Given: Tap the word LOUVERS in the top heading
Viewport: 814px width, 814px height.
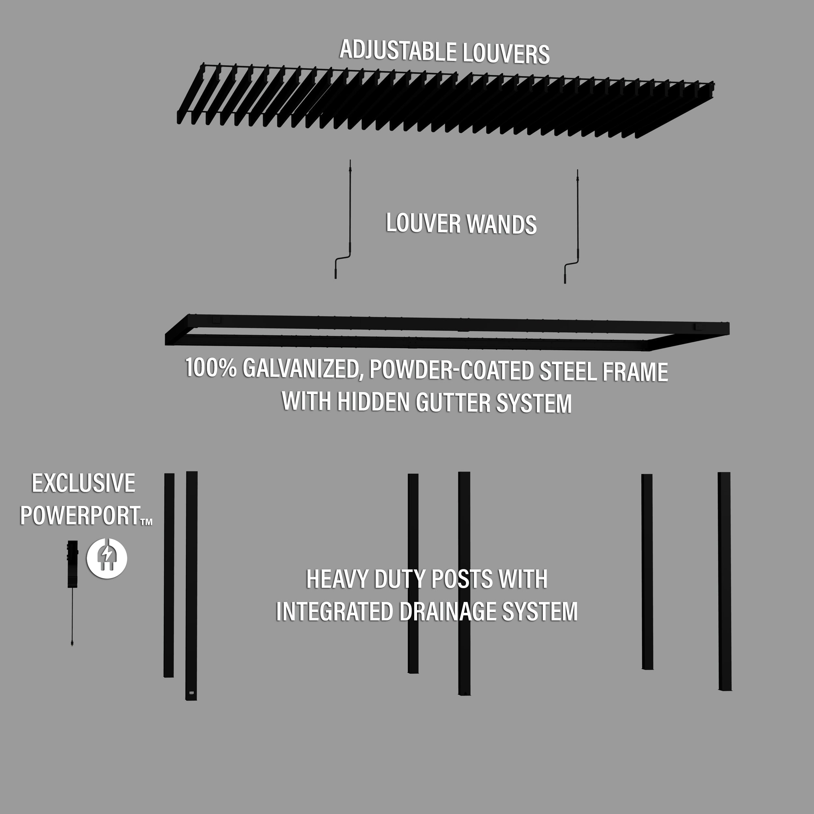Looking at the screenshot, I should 506,54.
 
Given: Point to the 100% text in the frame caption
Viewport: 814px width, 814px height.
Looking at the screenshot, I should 211,368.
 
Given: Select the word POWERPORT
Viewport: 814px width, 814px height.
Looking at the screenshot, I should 80,515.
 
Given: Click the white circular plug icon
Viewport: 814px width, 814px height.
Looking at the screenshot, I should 107,558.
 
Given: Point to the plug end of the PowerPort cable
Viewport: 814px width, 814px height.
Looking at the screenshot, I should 72,643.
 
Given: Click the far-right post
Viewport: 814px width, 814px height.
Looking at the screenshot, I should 724,582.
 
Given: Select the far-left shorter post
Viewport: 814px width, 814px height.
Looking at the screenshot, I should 169,575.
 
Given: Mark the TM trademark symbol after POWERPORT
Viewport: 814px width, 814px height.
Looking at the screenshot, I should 146,522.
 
